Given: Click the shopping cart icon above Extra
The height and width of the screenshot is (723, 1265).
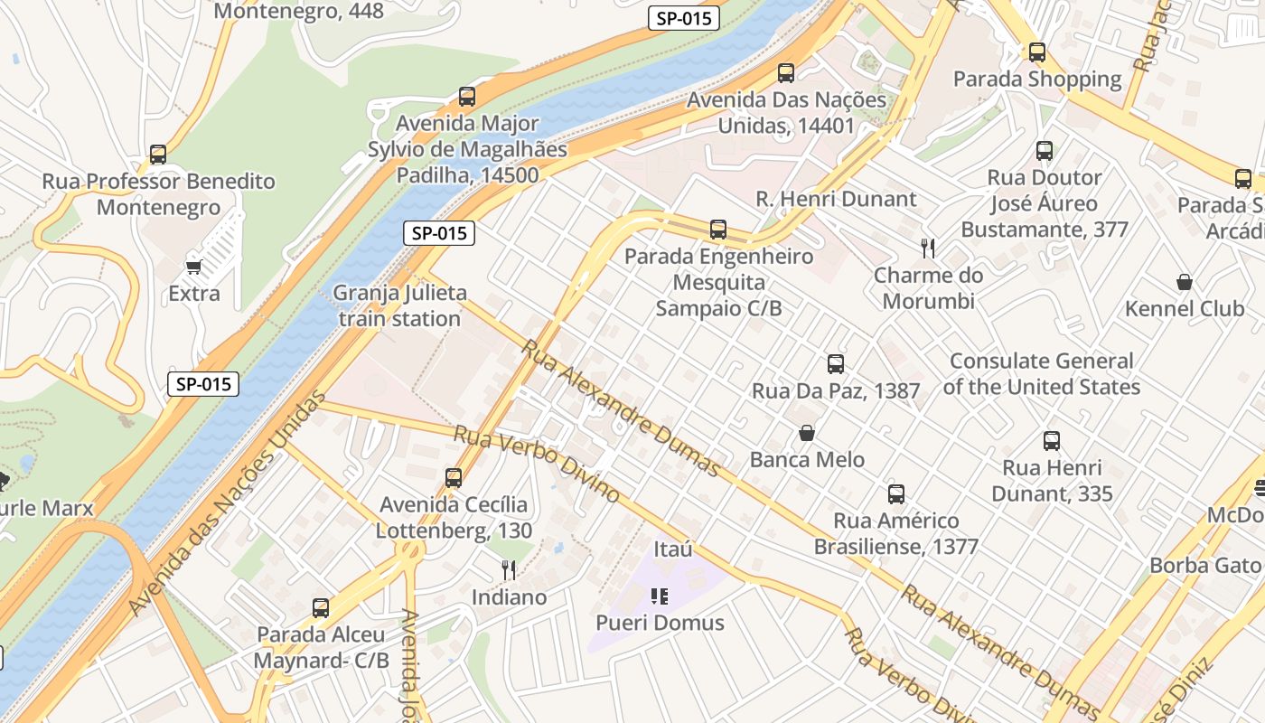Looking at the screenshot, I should (193, 266).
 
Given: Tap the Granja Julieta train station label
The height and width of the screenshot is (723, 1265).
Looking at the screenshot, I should (399, 305).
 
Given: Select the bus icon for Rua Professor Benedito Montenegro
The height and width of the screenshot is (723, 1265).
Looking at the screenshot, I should (158, 155).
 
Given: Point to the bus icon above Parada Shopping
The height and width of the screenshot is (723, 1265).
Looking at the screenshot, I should (1037, 52).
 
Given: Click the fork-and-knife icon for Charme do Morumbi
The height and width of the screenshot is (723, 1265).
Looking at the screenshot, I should (928, 248).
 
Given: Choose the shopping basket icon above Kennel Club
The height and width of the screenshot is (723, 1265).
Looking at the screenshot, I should (1184, 282).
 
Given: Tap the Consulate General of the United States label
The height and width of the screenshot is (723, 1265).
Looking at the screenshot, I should (1041, 374).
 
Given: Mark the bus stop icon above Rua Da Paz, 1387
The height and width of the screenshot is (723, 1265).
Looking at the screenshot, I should (836, 364).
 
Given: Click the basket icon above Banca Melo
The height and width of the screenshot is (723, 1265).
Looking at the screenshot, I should (807, 433).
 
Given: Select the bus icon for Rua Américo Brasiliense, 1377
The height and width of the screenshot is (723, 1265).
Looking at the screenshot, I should (895, 494).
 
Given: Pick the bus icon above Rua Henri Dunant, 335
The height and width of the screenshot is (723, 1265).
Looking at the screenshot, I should (1052, 441).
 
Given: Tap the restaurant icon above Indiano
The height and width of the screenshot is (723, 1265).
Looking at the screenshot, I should (509, 570).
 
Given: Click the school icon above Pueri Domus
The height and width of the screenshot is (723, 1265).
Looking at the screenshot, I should (660, 596).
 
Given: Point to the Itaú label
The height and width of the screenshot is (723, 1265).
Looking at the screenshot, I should (672, 549).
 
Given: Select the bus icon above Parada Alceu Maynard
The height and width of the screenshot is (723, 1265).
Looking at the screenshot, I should (321, 608).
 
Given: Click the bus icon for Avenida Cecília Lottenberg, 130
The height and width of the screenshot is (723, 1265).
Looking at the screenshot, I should (454, 478).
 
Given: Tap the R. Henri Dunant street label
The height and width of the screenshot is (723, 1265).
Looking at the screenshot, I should (836, 199).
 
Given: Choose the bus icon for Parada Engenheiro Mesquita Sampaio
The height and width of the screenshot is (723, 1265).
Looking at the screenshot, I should (718, 230).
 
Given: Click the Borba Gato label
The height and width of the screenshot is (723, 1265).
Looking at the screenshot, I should (1204, 566).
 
